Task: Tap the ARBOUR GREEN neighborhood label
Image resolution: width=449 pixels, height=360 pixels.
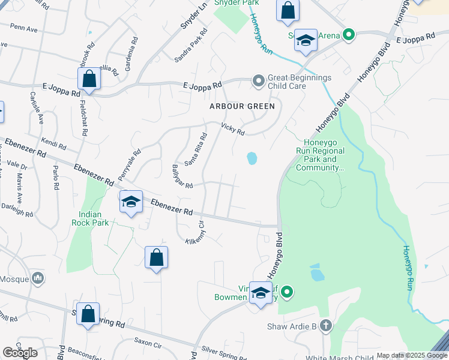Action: (x=242, y=106)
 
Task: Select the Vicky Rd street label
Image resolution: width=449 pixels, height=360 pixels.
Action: (x=233, y=129)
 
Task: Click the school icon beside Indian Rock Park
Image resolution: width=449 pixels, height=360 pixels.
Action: (x=130, y=202)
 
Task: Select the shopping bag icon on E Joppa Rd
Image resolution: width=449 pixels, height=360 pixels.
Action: (x=89, y=79)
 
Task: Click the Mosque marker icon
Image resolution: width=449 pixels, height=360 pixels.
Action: (x=38, y=277)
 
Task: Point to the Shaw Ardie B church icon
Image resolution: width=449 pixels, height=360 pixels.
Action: (x=325, y=326)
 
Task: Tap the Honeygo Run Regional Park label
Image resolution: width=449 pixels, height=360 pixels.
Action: (x=321, y=155)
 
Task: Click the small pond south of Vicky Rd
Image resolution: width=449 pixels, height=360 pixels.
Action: (x=252, y=158)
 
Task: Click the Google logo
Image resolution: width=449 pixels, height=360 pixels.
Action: (x=20, y=352)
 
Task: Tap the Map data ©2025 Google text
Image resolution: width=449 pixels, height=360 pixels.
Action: (x=412, y=355)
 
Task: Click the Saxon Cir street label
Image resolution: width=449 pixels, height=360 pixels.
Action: (x=148, y=344)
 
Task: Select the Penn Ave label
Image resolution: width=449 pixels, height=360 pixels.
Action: (x=24, y=28)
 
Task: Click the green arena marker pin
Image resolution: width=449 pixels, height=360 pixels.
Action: (x=348, y=35)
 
